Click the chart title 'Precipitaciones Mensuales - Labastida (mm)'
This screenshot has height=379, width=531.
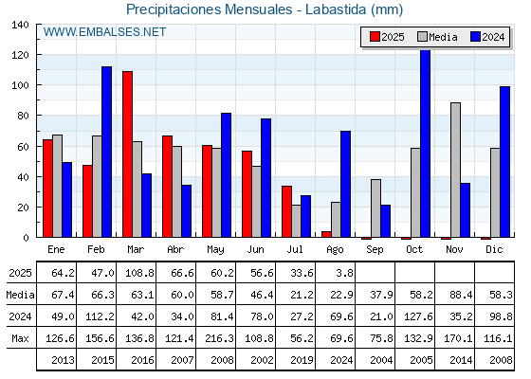265,9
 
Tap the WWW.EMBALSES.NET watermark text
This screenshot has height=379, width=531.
104,32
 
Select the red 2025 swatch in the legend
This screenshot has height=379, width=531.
375,37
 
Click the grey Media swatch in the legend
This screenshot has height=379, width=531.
422,37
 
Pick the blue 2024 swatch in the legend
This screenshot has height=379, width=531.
475,37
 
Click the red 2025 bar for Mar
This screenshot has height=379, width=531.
127,154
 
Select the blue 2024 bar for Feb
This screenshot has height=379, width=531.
106,152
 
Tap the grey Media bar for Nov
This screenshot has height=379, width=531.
455,170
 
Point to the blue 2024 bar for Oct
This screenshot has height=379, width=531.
426,144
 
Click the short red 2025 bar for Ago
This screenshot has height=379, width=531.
326,234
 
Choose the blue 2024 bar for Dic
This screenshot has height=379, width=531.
504,162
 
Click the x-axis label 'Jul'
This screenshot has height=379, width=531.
295,250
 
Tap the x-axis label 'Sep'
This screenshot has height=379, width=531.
375,250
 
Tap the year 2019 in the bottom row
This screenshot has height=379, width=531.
302,360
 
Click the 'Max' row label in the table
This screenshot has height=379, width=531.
20,338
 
